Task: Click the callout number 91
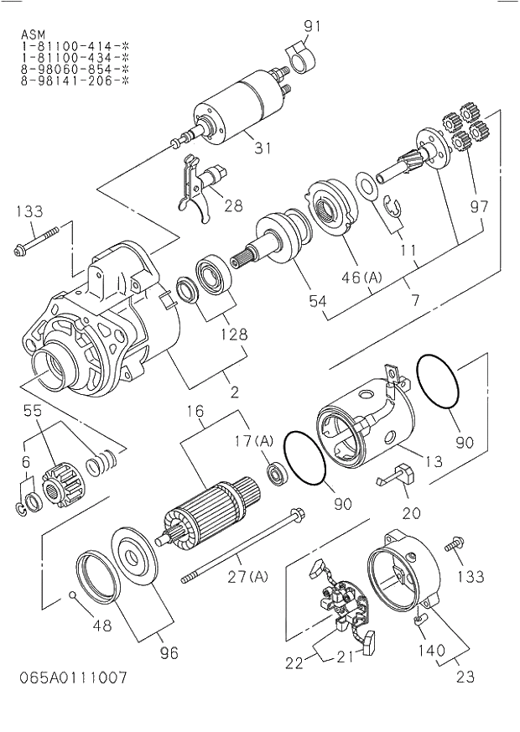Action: (312, 26)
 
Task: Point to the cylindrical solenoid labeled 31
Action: (239, 107)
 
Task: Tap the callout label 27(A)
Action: (249, 575)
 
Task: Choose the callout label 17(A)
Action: (254, 440)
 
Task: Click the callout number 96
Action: (169, 653)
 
